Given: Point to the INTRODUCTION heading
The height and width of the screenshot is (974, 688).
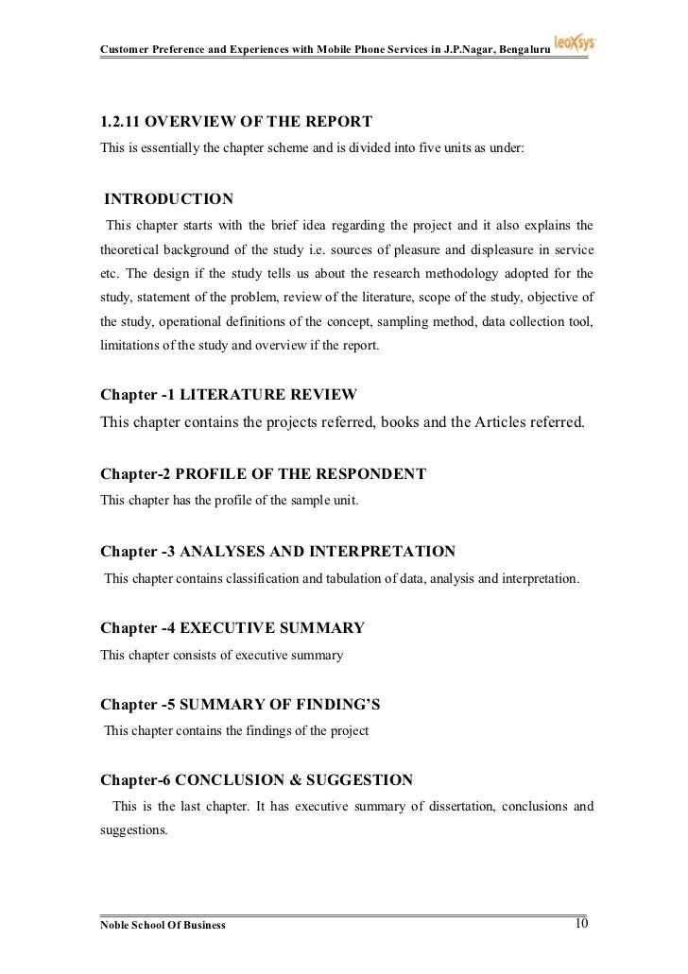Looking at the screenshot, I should [x=168, y=199].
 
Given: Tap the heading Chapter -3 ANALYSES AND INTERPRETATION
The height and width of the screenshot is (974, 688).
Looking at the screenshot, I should [x=278, y=550].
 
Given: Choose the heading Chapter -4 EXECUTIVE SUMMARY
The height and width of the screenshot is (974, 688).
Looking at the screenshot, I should [x=232, y=627].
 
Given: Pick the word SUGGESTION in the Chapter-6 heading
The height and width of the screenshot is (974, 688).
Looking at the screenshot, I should [x=364, y=780].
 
